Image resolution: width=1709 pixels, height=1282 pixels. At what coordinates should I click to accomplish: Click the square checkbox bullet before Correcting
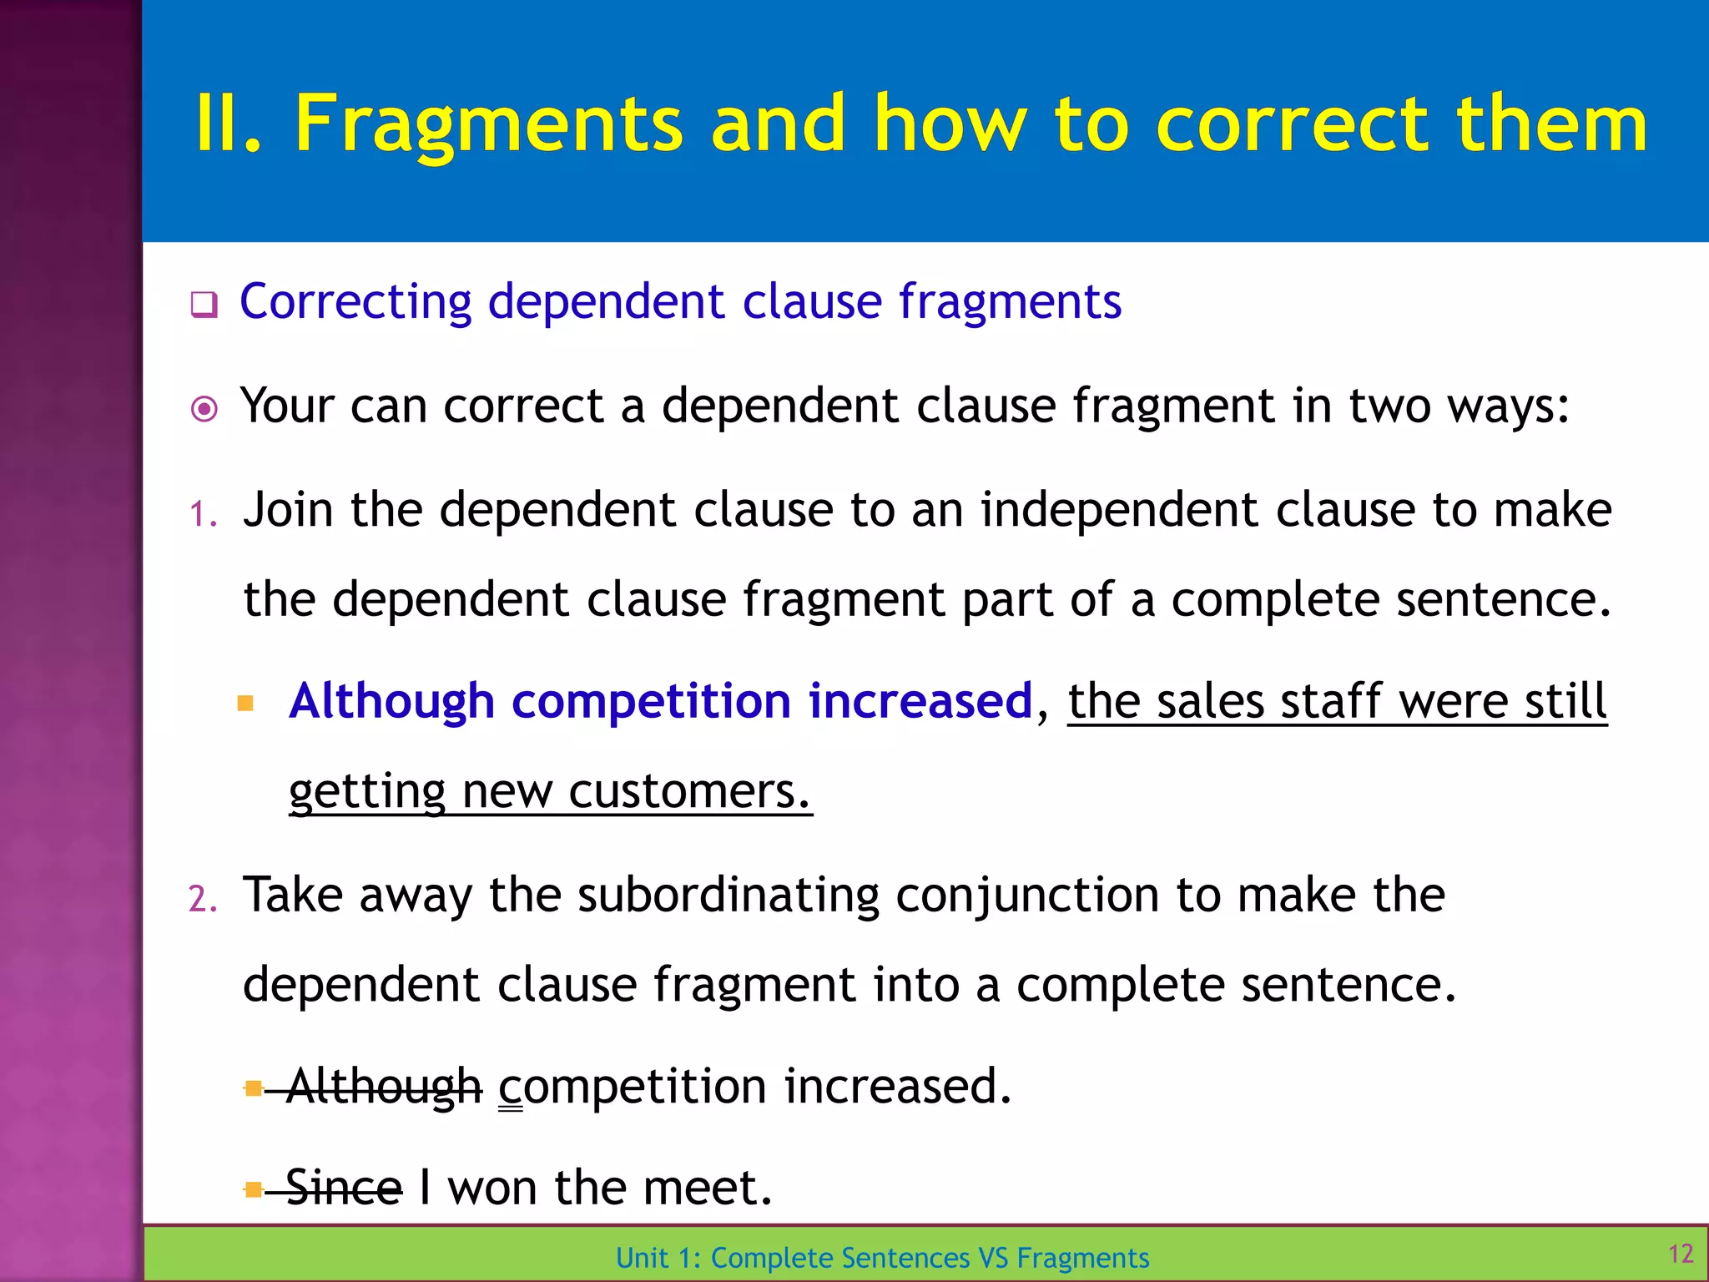[204, 305]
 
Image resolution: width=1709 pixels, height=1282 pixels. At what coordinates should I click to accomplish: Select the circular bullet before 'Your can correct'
[204, 409]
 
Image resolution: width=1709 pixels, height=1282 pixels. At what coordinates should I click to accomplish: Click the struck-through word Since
[343, 1188]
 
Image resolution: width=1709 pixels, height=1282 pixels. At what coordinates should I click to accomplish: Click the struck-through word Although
[384, 1087]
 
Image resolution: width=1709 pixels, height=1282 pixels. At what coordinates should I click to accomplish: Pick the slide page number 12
[1680, 1254]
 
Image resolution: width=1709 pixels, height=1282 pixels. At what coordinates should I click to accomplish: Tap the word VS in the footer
[994, 1258]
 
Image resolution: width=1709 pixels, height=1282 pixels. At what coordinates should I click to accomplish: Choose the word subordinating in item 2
[728, 895]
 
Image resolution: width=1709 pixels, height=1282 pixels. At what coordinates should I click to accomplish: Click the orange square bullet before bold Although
[245, 703]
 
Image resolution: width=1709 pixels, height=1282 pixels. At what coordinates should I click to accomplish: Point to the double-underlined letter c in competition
[510, 1090]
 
